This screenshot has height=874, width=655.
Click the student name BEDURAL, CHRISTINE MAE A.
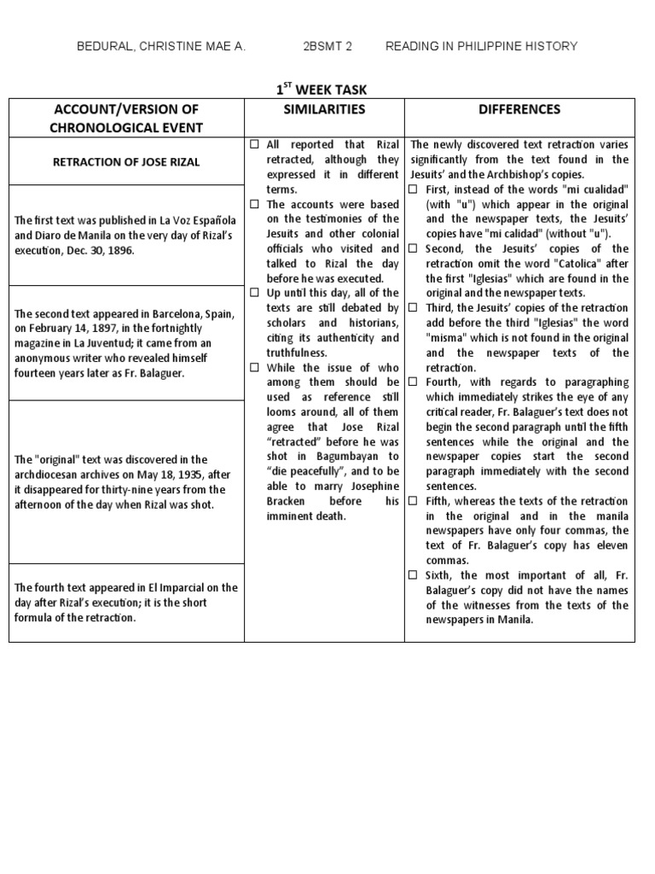(161, 46)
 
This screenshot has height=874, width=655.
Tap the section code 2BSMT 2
(327, 46)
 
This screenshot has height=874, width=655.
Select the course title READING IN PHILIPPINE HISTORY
(481, 46)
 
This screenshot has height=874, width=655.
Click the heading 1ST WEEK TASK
(321, 89)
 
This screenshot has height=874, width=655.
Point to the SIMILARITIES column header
(323, 109)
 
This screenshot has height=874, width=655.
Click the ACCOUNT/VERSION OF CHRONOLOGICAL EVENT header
(127, 119)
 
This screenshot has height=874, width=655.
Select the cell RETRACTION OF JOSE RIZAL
(127, 162)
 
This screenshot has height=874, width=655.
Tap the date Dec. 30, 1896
(107, 251)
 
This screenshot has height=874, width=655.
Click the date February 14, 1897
(78, 329)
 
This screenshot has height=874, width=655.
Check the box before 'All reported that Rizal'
(255, 144)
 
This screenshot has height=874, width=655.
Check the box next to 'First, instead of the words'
(414, 189)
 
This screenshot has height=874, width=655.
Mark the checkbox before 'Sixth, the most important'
(414, 576)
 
